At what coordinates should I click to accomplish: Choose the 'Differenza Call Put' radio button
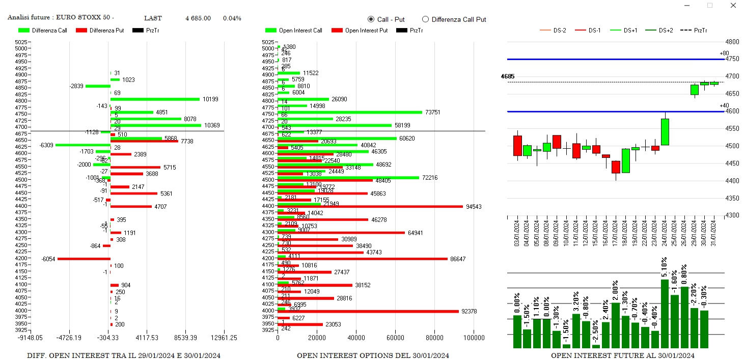click(426, 19)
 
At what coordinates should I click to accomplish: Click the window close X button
click(733, 6)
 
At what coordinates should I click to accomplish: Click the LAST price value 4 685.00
click(198, 18)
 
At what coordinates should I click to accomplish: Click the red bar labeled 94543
click(370, 207)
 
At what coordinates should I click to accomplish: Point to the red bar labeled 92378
click(368, 311)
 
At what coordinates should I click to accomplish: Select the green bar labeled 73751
click(350, 113)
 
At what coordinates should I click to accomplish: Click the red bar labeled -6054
click(84, 259)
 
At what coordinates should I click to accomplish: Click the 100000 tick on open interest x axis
click(474, 338)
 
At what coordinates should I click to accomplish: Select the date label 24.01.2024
click(664, 232)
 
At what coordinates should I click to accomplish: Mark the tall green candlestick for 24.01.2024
click(665, 132)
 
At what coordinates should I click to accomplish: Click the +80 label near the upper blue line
click(724, 53)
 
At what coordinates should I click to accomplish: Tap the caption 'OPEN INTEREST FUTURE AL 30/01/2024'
click(622, 355)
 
